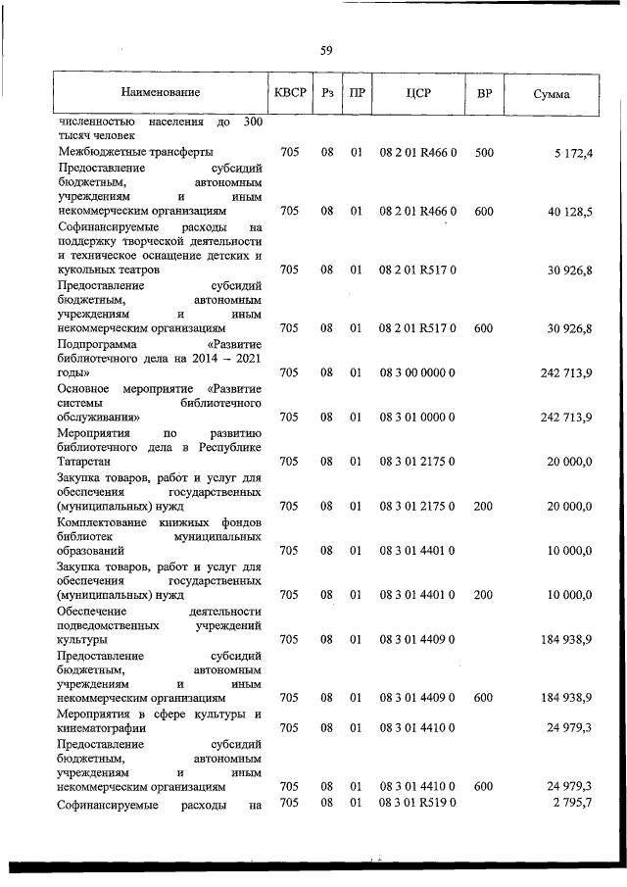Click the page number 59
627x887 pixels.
(327, 51)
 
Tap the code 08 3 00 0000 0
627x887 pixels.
(417, 372)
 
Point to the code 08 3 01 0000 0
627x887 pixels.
(417, 418)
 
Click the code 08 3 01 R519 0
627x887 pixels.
(417, 804)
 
